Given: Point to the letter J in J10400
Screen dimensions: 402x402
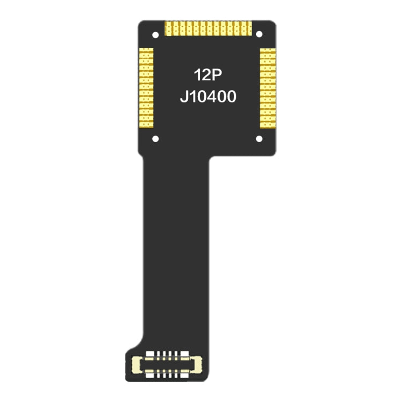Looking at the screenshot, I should pyautogui.click(x=183, y=98).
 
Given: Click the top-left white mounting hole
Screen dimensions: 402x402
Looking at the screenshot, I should pyautogui.click(x=155, y=34).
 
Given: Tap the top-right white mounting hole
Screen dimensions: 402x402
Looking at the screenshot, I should pyautogui.click(x=259, y=34).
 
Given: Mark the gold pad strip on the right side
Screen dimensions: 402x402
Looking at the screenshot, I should pyautogui.click(x=267, y=88).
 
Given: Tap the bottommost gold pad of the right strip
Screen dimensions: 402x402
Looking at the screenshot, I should pyautogui.click(x=267, y=126).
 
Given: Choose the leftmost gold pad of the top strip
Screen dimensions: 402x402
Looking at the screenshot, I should pyautogui.click(x=168, y=28).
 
